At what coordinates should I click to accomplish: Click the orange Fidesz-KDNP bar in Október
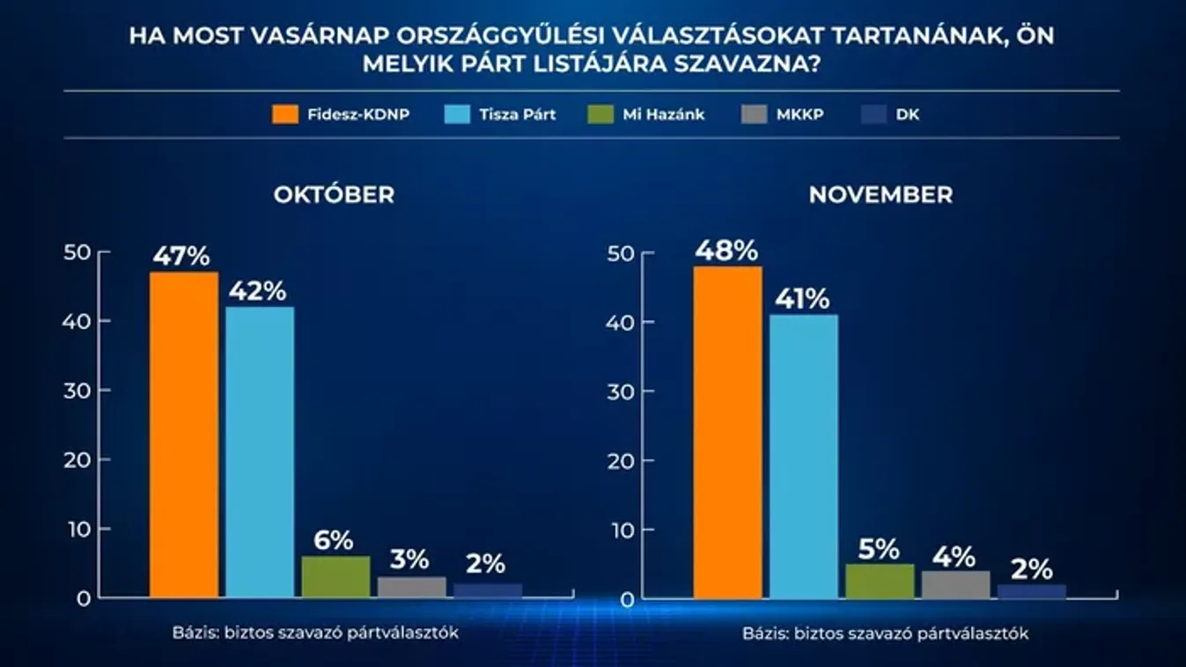183,435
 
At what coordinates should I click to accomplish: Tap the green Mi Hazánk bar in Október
335,576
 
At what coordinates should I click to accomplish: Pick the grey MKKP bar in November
955,584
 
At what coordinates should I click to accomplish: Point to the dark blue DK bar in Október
488,590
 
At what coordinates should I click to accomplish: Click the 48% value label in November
726,251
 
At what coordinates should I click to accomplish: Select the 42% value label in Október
258,291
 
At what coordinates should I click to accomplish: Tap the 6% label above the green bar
335,540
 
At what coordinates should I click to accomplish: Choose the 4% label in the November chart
954,556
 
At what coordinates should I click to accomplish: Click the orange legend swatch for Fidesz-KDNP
286,114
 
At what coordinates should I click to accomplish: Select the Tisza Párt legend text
517,114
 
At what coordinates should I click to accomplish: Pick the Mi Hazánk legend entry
663,114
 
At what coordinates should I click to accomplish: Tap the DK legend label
908,114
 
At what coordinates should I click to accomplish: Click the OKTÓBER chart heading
334,194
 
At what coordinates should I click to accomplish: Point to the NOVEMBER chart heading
880,194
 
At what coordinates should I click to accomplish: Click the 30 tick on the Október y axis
78,391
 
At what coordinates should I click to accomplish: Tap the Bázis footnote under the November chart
885,634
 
